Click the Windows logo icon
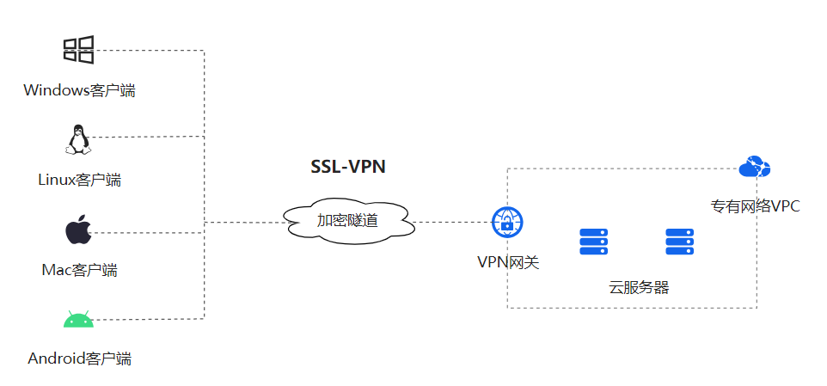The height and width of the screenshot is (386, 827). pyautogui.click(x=78, y=50)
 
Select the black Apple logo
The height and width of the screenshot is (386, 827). pyautogui.click(x=78, y=231)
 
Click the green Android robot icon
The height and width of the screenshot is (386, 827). pyautogui.click(x=77, y=321)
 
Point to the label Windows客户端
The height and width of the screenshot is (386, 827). pyautogui.click(x=79, y=90)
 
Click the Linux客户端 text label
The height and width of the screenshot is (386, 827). pyautogui.click(x=79, y=180)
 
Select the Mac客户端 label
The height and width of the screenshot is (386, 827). pyautogui.click(x=79, y=270)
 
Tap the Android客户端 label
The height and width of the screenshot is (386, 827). pyautogui.click(x=79, y=358)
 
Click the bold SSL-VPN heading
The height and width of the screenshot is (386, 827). pyautogui.click(x=348, y=167)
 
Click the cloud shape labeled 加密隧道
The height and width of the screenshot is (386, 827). pyautogui.click(x=347, y=222)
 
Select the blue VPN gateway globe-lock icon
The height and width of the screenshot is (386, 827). pyautogui.click(x=507, y=223)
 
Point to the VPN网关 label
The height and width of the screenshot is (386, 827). pyautogui.click(x=508, y=261)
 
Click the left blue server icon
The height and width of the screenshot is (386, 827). pyautogui.click(x=593, y=242)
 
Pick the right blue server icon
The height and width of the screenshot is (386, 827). pyautogui.click(x=679, y=242)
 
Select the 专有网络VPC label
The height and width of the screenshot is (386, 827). pyautogui.click(x=755, y=206)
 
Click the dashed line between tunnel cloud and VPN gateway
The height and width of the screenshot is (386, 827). pyautogui.click(x=453, y=223)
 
